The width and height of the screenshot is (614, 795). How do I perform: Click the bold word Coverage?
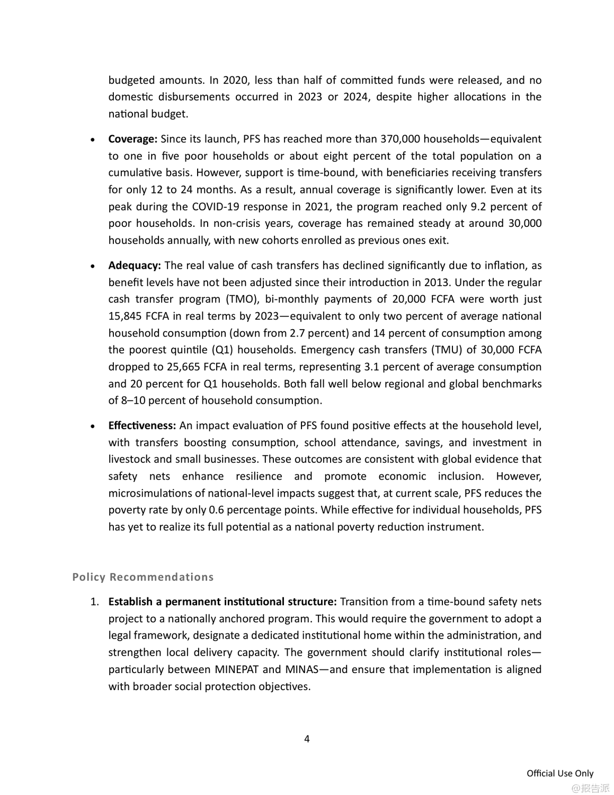point(132,139)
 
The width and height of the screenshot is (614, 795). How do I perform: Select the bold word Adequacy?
point(135,266)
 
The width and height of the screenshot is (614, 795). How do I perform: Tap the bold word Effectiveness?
point(142,426)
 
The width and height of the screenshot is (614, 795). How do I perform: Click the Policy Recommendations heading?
point(143,577)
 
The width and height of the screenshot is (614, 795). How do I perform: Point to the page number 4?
point(307,739)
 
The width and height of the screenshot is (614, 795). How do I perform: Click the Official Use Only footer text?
point(560,773)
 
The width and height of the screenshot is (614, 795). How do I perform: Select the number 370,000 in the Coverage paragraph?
point(400,139)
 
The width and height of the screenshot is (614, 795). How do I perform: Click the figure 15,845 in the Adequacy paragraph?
point(126,316)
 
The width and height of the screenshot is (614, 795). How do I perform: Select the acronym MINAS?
point(302,669)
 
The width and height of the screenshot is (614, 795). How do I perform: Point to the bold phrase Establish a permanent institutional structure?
point(223,602)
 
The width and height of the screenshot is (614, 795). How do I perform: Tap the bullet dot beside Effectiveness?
point(93,427)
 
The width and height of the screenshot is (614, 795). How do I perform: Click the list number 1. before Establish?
point(94,602)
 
